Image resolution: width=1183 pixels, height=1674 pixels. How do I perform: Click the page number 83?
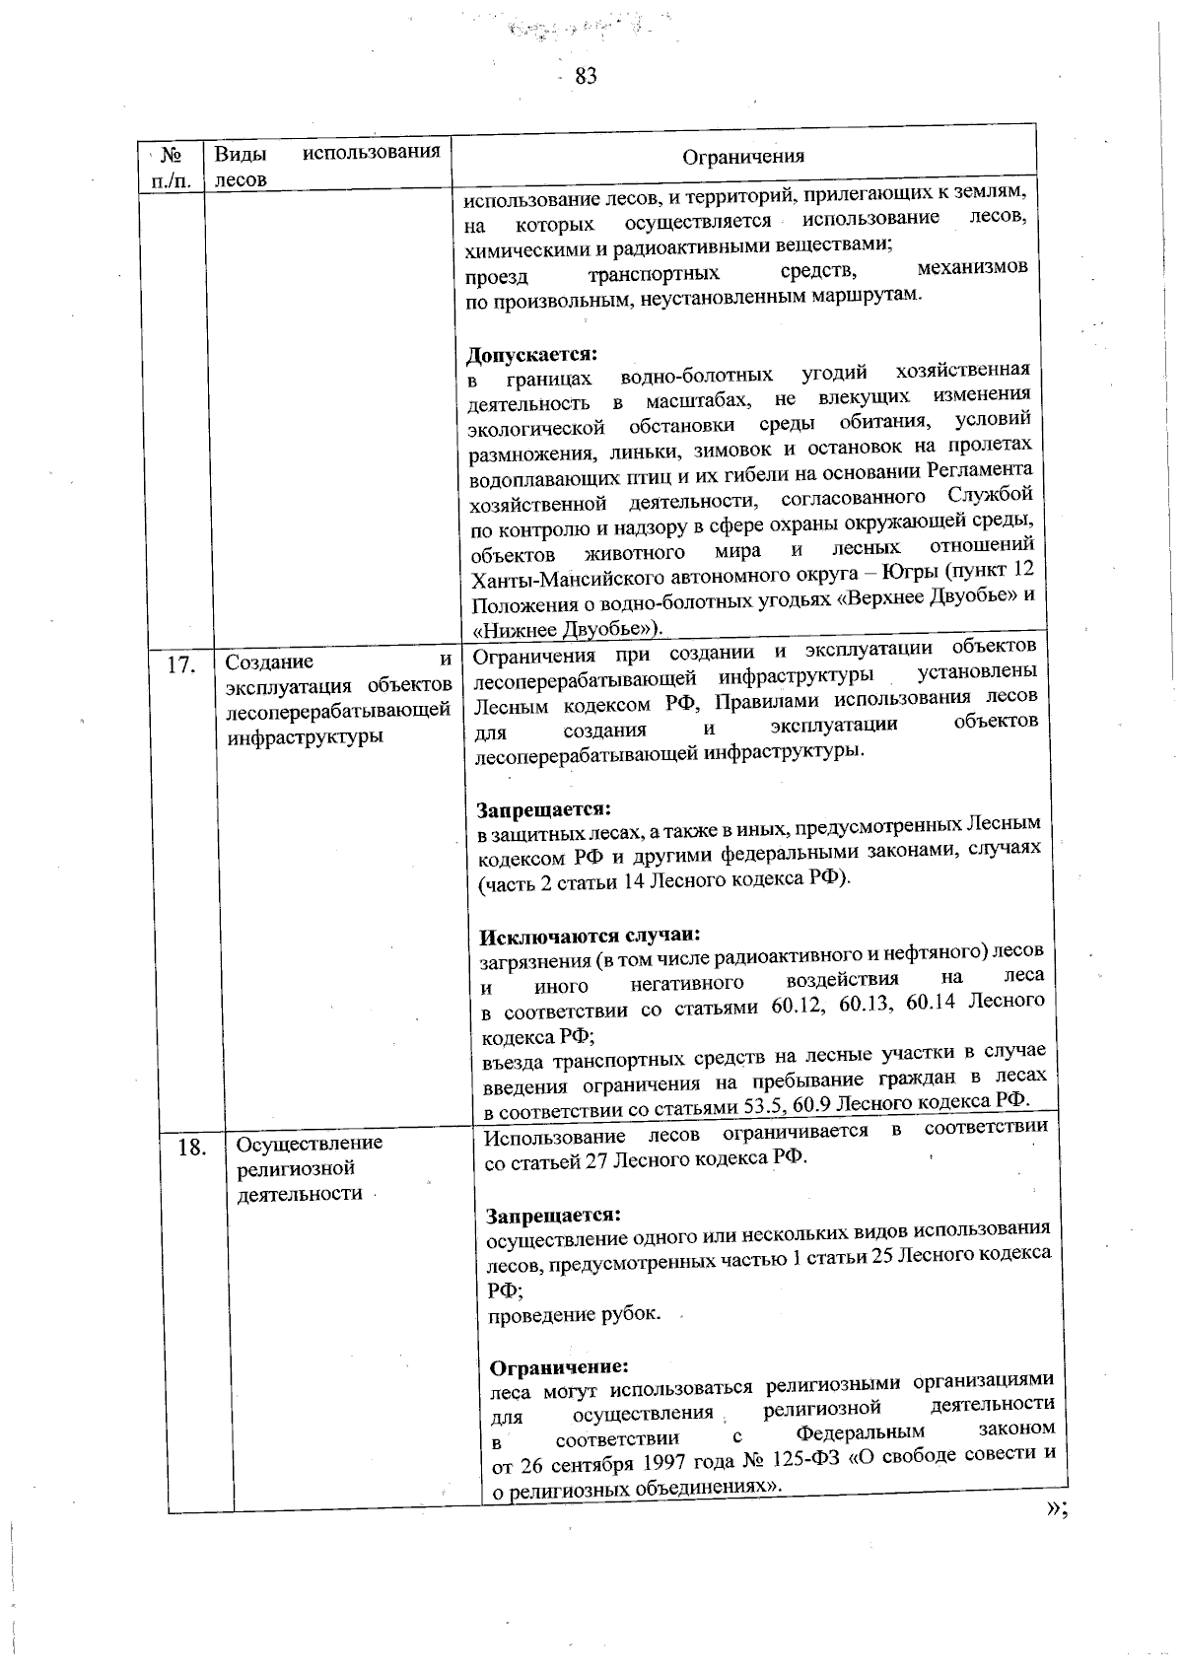[x=586, y=76]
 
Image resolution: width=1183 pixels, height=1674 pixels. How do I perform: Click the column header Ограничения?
[x=743, y=156]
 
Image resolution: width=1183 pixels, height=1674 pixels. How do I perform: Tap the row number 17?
[x=180, y=664]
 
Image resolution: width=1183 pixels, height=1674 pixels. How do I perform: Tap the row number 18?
[x=191, y=1148]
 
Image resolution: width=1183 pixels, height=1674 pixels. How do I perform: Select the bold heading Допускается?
[x=532, y=353]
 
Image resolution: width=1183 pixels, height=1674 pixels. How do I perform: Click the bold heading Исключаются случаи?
[x=590, y=935]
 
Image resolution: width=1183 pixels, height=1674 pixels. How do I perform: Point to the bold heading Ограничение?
[x=558, y=1367]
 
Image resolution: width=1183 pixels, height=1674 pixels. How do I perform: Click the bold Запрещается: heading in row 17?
[x=544, y=809]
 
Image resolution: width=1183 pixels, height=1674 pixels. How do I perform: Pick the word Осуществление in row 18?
[x=309, y=1143]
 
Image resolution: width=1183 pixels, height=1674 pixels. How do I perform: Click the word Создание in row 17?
[x=269, y=661]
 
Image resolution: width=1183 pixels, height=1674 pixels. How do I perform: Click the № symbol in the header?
[x=168, y=154]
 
